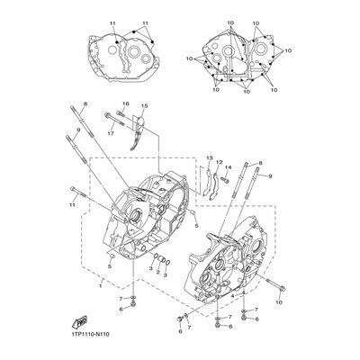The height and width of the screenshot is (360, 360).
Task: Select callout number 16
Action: [x=125, y=104]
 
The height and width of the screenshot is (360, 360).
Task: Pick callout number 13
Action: [x=208, y=158]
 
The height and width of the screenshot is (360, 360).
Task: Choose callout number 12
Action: [x=218, y=163]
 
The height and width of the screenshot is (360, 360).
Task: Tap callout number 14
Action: [x=229, y=167]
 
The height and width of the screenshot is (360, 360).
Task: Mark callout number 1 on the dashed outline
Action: [x=88, y=286]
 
